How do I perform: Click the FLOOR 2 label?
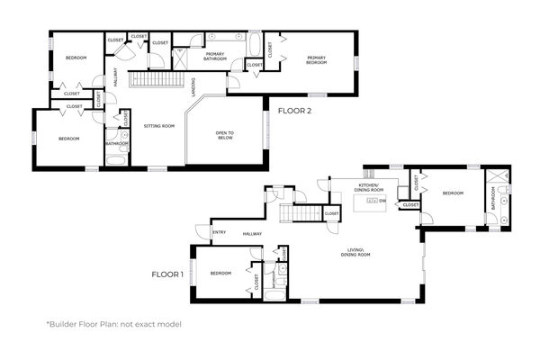(294, 112)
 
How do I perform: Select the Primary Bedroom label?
(316, 60)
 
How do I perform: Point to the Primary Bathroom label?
(214, 56)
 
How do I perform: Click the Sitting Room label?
(158, 126)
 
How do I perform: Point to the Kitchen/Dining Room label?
(369, 189)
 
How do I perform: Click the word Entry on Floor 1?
(219, 232)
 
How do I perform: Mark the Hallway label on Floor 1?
(251, 234)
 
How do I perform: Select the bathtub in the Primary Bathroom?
(255, 44)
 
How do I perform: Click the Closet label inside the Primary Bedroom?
(254, 65)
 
